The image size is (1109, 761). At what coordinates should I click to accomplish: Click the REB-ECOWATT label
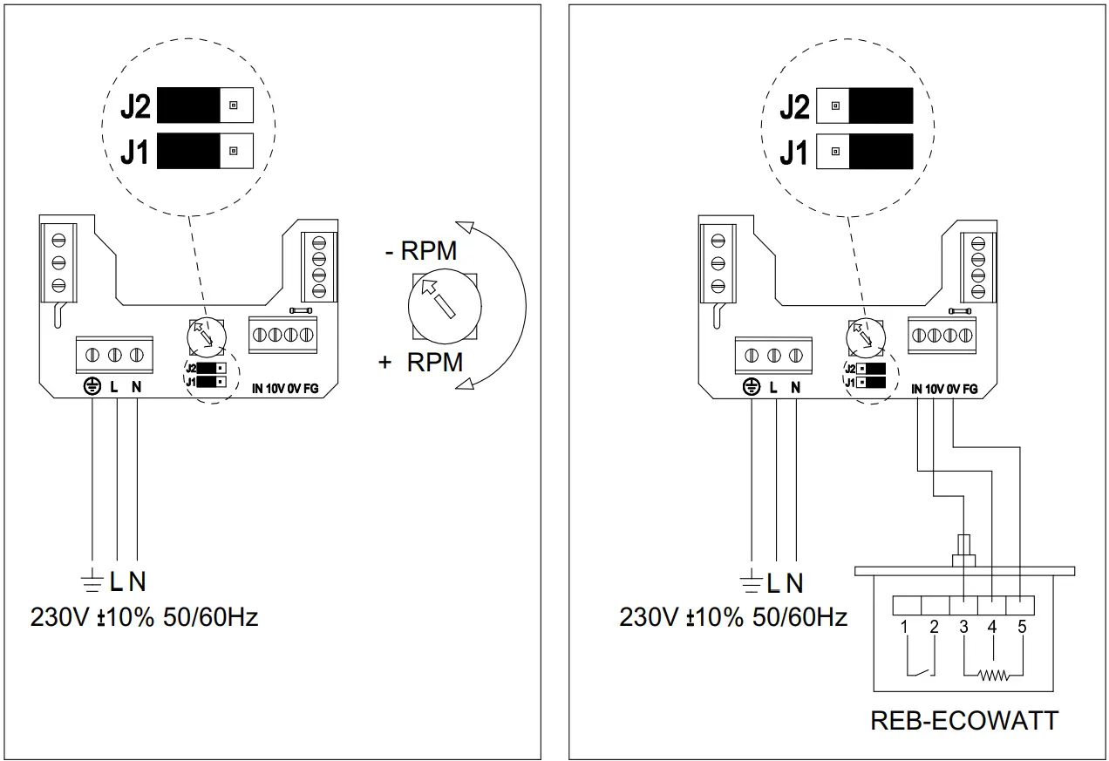964,720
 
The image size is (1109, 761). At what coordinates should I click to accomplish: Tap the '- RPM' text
421,250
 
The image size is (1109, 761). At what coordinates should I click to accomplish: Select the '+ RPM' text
421,362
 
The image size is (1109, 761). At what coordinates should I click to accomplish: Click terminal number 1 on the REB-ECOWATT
904,627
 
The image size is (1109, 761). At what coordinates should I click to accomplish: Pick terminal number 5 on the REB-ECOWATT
1023,627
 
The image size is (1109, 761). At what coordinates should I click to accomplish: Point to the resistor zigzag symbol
993,675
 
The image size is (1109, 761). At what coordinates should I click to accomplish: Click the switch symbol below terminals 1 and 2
921,672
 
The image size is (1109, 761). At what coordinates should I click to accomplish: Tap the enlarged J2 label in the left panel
135,105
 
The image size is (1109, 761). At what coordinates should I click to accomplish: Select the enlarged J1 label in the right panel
794,152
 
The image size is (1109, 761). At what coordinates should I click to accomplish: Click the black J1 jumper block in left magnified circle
188,151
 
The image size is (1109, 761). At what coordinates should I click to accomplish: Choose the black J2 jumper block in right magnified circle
881,105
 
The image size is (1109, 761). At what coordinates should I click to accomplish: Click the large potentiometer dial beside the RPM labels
445,307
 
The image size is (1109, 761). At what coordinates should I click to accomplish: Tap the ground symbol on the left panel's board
92,386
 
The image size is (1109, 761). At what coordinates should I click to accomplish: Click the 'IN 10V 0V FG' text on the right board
944,389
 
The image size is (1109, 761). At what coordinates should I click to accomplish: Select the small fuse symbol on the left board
301,311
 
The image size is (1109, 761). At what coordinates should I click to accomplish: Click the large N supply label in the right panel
794,583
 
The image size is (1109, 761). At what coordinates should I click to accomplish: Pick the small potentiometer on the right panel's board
866,338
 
